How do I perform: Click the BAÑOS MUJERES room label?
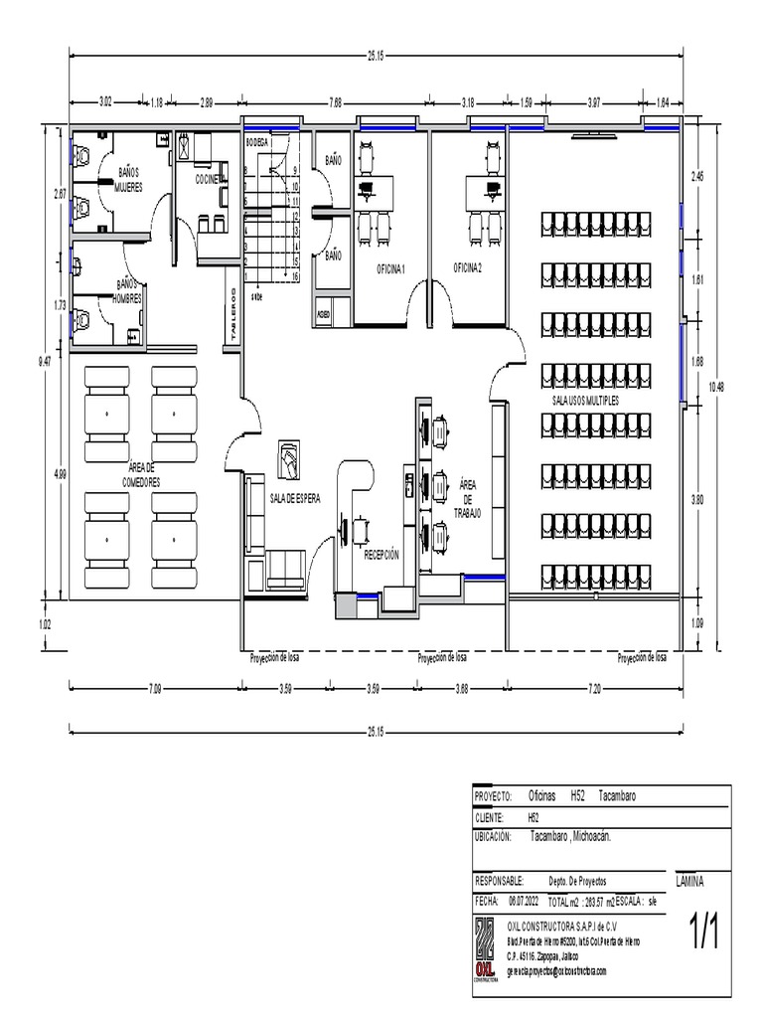click(128, 179)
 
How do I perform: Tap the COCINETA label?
click(210, 179)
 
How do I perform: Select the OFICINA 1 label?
click(390, 268)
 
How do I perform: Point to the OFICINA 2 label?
click(467, 267)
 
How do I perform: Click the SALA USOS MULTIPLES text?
click(585, 399)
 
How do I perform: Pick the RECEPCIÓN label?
click(381, 555)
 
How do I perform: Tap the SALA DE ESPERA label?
click(295, 499)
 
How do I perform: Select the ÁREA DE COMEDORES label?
click(141, 473)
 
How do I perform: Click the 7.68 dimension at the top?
click(336, 101)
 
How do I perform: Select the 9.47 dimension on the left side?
click(44, 363)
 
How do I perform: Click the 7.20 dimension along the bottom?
click(594, 687)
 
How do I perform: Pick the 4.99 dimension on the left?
click(62, 474)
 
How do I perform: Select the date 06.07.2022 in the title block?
click(524, 901)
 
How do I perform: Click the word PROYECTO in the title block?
click(493, 797)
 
